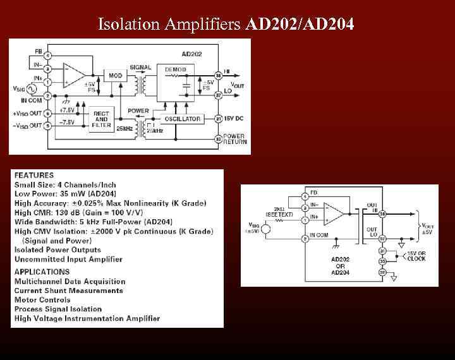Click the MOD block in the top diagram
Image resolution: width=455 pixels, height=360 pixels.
click(115, 76)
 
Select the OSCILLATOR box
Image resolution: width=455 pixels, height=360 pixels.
click(183, 119)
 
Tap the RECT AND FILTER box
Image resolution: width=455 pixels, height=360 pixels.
click(101, 119)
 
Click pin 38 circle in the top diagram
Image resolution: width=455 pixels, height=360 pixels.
click(217, 75)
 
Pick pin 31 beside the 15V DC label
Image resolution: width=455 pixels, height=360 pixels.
click(217, 119)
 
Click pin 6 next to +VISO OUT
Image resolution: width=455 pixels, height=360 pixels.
click(47, 113)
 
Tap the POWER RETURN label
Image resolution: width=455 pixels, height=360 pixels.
click(234, 139)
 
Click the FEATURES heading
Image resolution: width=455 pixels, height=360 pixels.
click(34, 175)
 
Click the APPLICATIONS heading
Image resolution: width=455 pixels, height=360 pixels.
click(42, 272)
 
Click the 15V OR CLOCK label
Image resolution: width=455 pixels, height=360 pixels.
click(416, 256)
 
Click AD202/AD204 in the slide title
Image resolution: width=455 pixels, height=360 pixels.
click(300, 25)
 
